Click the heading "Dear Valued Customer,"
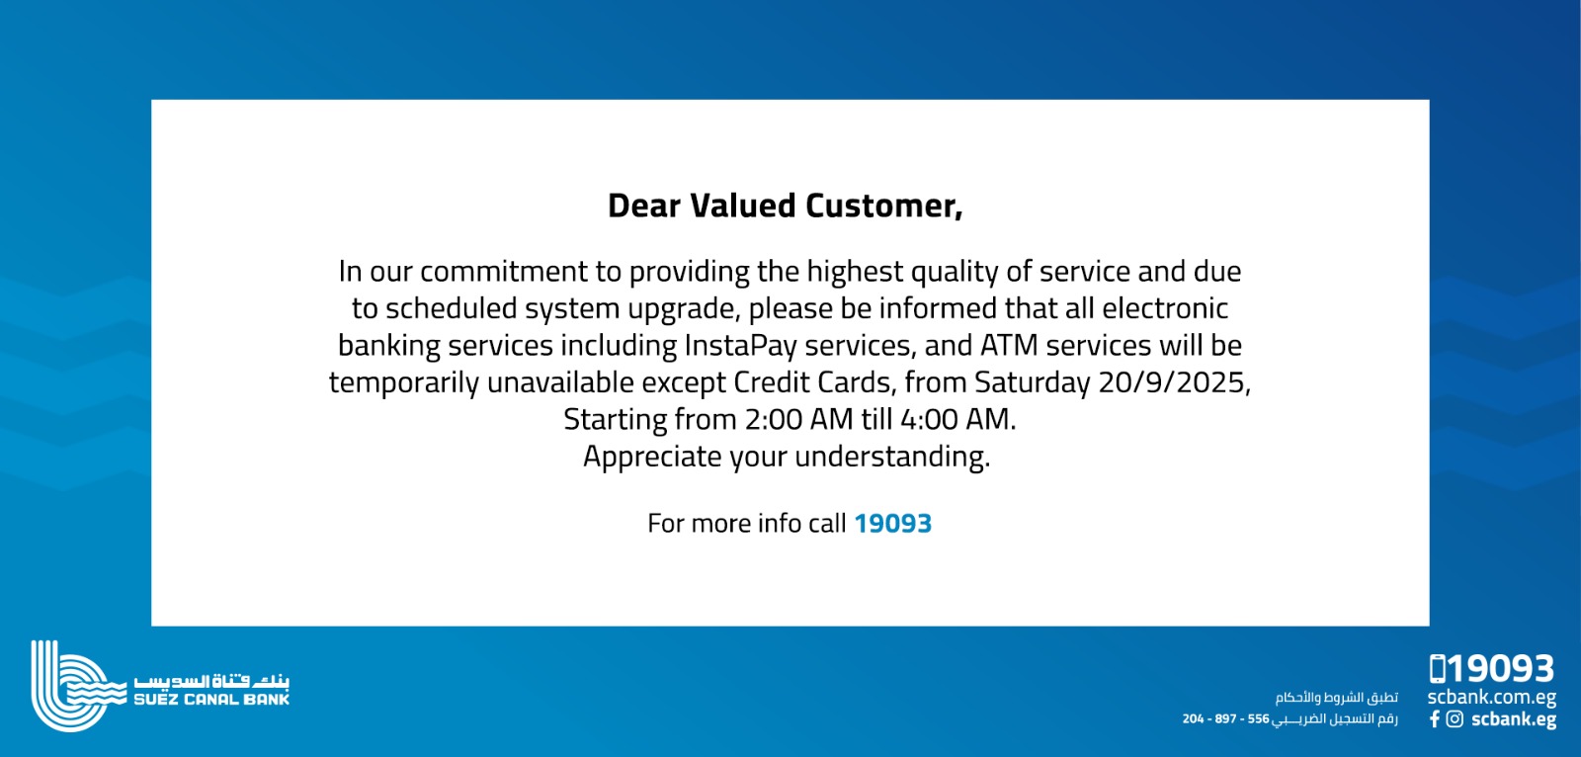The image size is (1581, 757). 785,207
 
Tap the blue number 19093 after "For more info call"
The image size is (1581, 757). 893,523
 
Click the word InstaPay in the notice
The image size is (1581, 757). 740,345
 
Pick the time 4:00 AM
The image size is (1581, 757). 958,419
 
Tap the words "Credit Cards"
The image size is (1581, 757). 815,382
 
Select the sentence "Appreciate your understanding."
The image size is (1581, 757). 787,457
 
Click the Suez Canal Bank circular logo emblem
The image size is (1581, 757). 69,686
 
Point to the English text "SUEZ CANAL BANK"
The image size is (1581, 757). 211,700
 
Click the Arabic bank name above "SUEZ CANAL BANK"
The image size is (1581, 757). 211,682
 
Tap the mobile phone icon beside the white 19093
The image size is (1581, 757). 1437,669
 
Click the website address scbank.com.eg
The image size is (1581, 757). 1491,698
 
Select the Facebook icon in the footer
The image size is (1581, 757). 1434,718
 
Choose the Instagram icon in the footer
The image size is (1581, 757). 1455,718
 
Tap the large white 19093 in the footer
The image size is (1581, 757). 1501,669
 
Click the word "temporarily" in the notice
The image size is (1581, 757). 404,382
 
